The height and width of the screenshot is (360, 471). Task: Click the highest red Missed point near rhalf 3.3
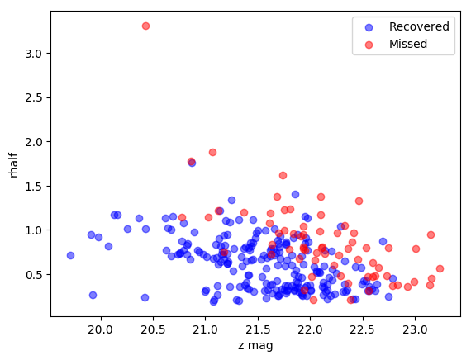pyautogui.click(x=145, y=26)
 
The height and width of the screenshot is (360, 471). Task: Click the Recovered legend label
pyautogui.click(x=419, y=26)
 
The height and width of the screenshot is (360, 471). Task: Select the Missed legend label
pyautogui.click(x=408, y=44)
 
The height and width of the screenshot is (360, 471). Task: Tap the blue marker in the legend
pyautogui.click(x=369, y=27)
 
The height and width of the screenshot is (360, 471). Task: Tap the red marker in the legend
pyautogui.click(x=369, y=45)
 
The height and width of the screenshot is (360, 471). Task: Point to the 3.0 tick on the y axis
pyautogui.click(x=33, y=54)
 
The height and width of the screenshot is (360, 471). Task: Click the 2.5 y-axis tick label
pyautogui.click(x=33, y=98)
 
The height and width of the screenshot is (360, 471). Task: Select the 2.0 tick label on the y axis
pyautogui.click(x=33, y=142)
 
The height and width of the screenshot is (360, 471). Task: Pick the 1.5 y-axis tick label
pyautogui.click(x=33, y=186)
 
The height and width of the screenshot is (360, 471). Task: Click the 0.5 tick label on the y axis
pyautogui.click(x=33, y=275)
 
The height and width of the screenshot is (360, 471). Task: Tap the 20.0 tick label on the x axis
pyautogui.click(x=101, y=329)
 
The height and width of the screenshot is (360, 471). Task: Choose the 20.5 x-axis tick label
pyautogui.click(x=153, y=329)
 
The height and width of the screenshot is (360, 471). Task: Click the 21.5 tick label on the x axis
pyautogui.click(x=258, y=329)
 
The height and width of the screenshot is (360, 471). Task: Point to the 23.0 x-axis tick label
pyautogui.click(x=415, y=329)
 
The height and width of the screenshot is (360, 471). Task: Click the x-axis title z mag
pyautogui.click(x=255, y=346)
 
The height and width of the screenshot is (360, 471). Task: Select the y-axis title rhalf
pyautogui.click(x=13, y=166)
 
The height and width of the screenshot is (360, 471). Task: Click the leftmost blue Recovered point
pyautogui.click(x=70, y=255)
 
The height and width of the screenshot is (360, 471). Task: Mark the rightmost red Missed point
pyautogui.click(x=440, y=268)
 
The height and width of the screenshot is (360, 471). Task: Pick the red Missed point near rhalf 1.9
pyautogui.click(x=212, y=152)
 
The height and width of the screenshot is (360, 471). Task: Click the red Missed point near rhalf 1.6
pyautogui.click(x=283, y=175)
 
